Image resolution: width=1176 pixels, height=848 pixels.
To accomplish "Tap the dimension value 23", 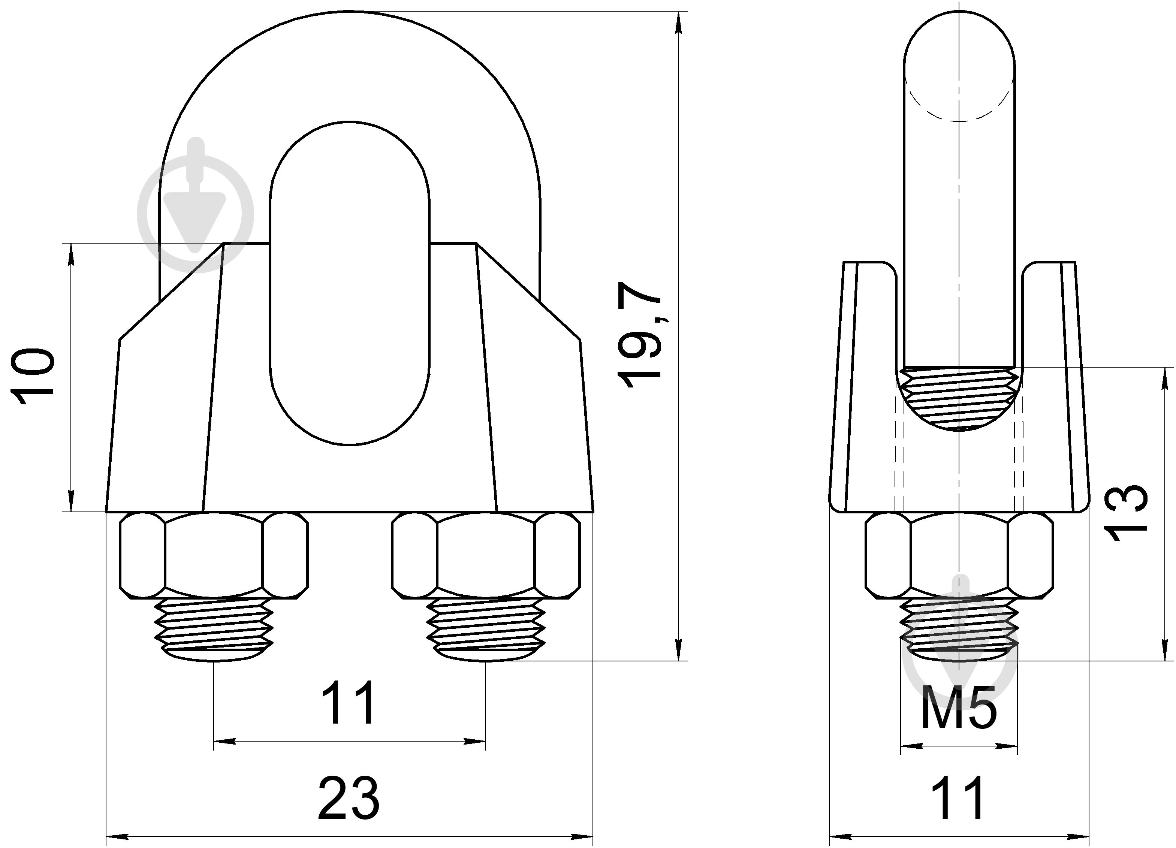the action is point(349,797).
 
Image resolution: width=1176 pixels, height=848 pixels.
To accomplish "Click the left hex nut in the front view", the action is point(214,556).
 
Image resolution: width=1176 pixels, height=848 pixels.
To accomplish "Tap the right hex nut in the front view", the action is point(486,556).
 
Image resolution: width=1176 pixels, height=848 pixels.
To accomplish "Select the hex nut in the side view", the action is point(959,556).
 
